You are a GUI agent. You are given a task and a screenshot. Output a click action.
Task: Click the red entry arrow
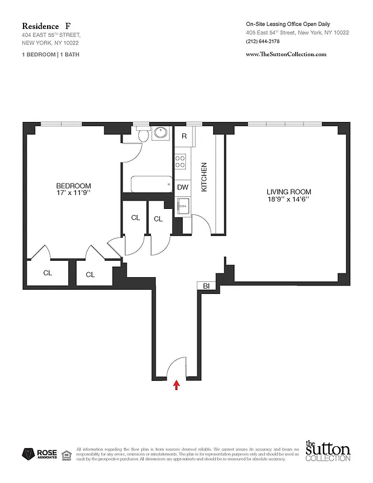(x=176, y=385)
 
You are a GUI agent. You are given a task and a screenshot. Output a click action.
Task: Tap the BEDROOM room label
(x=74, y=185)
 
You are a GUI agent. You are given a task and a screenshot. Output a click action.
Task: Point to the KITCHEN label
(x=204, y=177)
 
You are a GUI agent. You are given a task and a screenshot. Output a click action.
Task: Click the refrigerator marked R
(x=184, y=136)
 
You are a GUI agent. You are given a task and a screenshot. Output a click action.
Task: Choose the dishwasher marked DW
(x=183, y=187)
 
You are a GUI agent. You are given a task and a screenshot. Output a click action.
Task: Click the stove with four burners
(x=180, y=161)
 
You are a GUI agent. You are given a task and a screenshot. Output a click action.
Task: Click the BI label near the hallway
(x=206, y=286)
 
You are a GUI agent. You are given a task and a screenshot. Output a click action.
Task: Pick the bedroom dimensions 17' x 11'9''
(x=74, y=193)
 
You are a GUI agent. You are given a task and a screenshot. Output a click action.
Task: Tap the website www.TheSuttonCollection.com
(x=286, y=54)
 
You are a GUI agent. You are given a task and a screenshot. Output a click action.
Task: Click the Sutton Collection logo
(x=327, y=451)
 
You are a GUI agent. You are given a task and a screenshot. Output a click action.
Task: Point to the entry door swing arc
(x=179, y=366)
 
